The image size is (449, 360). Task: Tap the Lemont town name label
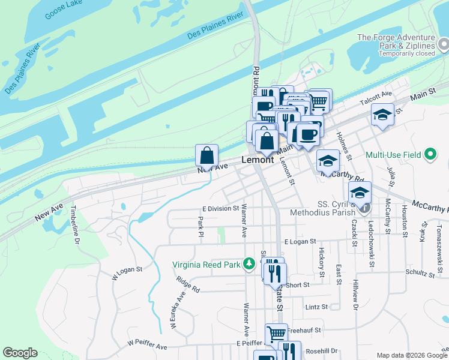click(258, 160)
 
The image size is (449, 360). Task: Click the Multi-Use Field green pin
click(430, 155)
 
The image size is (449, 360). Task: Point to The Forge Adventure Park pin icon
click(444, 44)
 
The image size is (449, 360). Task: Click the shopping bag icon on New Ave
click(206, 155)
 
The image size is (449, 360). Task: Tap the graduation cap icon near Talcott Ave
click(382, 113)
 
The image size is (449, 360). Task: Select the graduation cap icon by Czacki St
click(360, 193)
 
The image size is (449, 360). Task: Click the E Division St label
click(220, 208)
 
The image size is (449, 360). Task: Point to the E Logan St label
click(300, 241)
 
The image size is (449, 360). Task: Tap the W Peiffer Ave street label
click(147, 346)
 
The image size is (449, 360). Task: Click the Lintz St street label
click(316, 307)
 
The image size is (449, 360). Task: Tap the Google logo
click(20, 353)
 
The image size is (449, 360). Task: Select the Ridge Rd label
click(188, 284)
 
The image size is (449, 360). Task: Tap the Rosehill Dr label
click(322, 351)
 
